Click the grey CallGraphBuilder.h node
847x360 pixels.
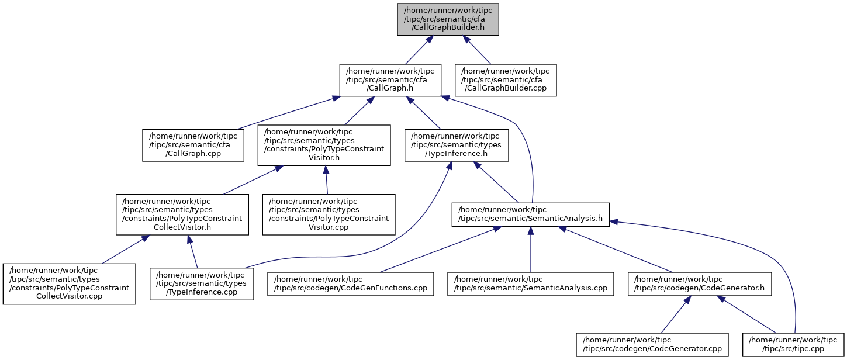pos(448,20)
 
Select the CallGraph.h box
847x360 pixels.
pos(390,80)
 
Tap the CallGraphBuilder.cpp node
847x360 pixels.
pos(506,80)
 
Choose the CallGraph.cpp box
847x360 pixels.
pos(193,145)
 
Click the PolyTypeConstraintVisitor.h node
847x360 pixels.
pos(324,145)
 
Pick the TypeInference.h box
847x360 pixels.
pos(457,145)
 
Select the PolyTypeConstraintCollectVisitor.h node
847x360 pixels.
pos(182,214)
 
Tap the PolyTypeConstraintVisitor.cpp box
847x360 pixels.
pos(329,214)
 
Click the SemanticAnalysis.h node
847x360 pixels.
pos(530,214)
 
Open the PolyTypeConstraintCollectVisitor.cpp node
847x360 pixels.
pos(69,284)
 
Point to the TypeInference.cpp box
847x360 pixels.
pos(202,284)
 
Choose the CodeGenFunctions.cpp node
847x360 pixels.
pos(350,284)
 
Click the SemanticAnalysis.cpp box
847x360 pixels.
pos(530,284)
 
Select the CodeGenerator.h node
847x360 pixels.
pos(700,284)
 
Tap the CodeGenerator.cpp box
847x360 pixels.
pos(652,344)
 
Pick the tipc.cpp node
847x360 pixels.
pos(793,344)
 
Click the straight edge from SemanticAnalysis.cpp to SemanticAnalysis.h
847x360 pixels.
pos(531,249)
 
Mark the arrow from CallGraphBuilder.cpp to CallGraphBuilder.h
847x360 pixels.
pos(476,50)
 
